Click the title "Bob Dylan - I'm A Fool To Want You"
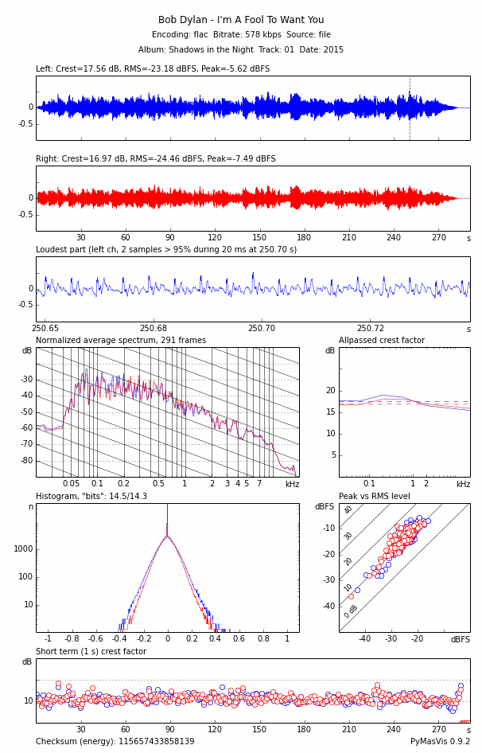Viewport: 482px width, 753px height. click(x=241, y=20)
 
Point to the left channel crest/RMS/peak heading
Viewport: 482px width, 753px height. click(x=153, y=69)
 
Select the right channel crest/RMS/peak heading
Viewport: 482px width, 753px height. click(x=156, y=159)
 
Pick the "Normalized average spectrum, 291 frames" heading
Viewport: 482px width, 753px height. click(x=121, y=341)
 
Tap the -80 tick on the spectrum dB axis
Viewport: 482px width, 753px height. click(x=27, y=461)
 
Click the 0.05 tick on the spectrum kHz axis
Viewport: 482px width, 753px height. click(x=71, y=484)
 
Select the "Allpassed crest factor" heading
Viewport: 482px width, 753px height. click(x=382, y=341)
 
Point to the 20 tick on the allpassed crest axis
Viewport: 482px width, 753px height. click(x=330, y=391)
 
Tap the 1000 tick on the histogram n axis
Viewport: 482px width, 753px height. click(x=23, y=549)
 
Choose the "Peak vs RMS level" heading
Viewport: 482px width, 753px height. click(x=375, y=497)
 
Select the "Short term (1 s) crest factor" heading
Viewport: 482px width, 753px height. click(x=91, y=652)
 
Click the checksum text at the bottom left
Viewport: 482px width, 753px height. click(x=115, y=742)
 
